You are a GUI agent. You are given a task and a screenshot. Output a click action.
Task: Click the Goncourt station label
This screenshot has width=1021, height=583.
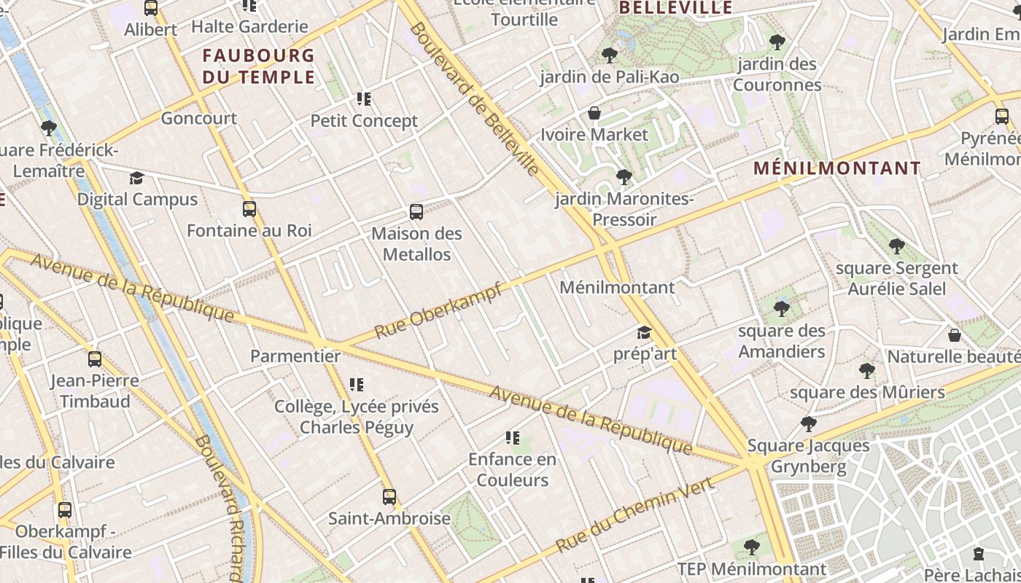[x=198, y=118]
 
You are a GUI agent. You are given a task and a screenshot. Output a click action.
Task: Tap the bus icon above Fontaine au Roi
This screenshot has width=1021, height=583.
[x=249, y=209]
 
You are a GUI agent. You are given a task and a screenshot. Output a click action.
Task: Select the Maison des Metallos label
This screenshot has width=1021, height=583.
[x=416, y=244]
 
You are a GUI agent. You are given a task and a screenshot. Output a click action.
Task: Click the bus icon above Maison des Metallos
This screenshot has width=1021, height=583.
[x=416, y=212]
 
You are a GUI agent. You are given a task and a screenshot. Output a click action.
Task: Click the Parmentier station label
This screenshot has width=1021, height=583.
[x=295, y=356]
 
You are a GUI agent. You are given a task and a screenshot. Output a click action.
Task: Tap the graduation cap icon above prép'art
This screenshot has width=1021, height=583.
[x=644, y=333]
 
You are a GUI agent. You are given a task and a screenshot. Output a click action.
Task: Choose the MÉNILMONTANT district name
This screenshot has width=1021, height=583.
[x=837, y=168]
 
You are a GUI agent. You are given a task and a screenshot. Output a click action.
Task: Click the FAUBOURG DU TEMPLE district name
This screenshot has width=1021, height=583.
[x=259, y=66]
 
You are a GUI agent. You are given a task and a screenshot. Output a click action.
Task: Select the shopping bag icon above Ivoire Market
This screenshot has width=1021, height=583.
[x=594, y=113]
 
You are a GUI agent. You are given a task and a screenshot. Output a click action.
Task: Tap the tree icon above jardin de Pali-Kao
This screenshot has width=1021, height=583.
[x=609, y=55]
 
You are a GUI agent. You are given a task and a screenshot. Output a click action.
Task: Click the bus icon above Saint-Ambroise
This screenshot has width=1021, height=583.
[x=389, y=497]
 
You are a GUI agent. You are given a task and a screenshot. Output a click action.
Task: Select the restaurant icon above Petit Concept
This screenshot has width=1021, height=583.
[x=364, y=99]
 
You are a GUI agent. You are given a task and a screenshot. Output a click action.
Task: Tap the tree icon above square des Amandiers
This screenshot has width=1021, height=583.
[x=782, y=309]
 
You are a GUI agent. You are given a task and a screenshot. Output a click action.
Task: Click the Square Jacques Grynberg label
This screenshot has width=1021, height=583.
[x=809, y=455]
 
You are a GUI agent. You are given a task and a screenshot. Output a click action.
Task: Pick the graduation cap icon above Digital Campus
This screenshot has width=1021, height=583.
[x=137, y=179]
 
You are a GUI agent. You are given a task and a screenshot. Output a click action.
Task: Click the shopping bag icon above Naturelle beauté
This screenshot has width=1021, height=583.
[x=954, y=335]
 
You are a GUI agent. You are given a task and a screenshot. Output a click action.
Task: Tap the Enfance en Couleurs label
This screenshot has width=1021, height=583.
[x=512, y=469]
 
